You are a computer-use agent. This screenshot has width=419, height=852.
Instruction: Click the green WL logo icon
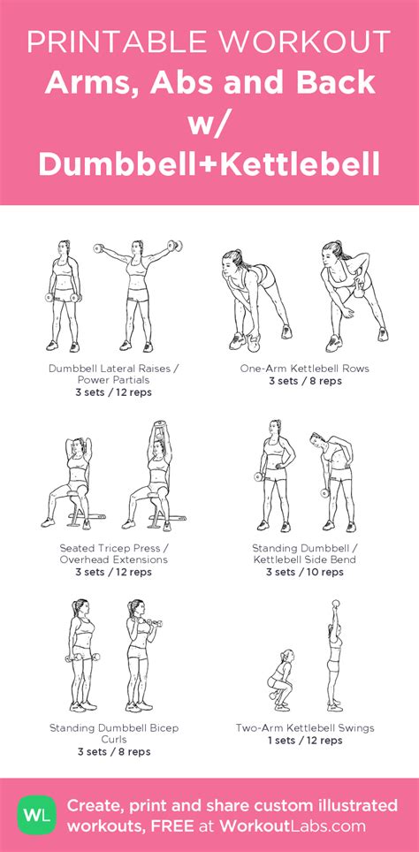click(36, 815)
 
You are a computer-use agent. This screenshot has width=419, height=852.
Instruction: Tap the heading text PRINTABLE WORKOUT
click(209, 42)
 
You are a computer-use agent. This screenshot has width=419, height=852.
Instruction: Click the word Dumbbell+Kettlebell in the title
click(209, 164)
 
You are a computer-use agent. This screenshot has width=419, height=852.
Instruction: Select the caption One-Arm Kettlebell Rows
click(305, 369)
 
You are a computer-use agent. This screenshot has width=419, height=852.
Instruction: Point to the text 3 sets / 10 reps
click(305, 572)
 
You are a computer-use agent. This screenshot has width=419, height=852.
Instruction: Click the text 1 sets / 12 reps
click(305, 740)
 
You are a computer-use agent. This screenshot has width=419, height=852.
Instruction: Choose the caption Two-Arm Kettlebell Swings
click(305, 727)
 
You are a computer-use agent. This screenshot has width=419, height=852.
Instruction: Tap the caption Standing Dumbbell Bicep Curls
click(114, 734)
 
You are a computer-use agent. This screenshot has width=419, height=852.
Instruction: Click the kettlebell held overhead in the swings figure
click(335, 605)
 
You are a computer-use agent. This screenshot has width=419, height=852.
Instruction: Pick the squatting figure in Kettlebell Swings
click(281, 680)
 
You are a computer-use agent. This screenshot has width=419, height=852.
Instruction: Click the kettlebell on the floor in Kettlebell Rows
click(253, 342)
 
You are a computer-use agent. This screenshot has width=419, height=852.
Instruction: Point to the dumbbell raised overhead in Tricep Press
click(159, 427)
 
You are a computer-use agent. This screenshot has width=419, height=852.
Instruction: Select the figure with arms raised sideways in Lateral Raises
click(138, 295)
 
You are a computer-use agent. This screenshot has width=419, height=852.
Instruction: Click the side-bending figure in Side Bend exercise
click(333, 482)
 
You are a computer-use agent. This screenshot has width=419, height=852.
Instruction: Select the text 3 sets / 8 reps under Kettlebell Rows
click(305, 381)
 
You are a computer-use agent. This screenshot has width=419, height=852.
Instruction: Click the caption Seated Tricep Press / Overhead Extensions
click(114, 553)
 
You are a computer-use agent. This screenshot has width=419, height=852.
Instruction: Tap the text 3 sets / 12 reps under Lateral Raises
click(114, 392)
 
